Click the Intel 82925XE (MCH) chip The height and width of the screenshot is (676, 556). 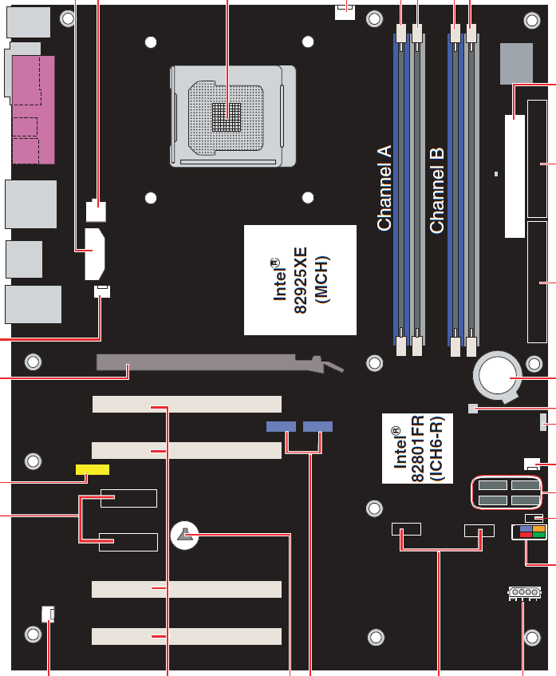pos(300,280)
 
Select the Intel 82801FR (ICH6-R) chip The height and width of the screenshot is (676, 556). pos(417,449)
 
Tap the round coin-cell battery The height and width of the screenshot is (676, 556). pos(498,376)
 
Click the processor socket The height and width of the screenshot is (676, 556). pos(233,116)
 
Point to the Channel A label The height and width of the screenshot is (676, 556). pos(384,188)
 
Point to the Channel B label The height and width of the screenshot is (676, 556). pos(436,191)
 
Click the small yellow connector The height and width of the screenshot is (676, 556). pos(93,469)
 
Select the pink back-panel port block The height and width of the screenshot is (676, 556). pos(34,110)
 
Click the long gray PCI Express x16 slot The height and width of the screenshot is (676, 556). pos(220,363)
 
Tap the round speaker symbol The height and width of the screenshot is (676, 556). pos(185,535)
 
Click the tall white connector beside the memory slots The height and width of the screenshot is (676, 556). pos(515,176)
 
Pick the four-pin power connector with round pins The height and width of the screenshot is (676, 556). pos(524,593)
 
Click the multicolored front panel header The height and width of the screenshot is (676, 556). pos(529,532)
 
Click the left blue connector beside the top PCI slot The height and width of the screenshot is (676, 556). pos(281,426)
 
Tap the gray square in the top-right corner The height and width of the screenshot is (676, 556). pos(516,64)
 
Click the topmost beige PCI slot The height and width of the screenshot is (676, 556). pos(187,405)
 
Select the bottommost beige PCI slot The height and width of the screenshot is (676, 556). pos(187,636)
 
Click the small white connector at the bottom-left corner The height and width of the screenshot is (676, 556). pos(49,614)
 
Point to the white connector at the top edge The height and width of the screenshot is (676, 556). pos(345,12)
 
